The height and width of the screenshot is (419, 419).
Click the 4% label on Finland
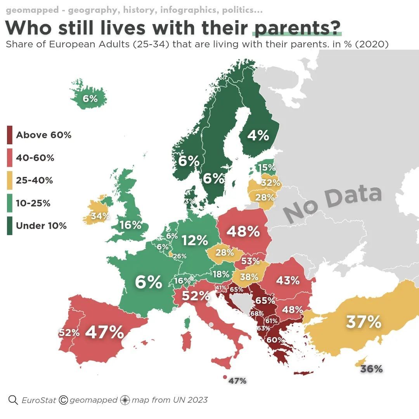(258, 135)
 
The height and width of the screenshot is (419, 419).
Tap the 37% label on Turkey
(364, 322)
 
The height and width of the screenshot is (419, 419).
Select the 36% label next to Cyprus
(371, 369)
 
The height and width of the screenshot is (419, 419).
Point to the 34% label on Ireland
(100, 216)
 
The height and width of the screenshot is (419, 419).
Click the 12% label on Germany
(195, 241)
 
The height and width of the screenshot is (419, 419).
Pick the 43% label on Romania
(288, 280)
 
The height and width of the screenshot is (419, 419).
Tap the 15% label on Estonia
(267, 168)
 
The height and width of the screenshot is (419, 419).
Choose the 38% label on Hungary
(249, 277)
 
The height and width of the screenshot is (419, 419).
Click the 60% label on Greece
(275, 340)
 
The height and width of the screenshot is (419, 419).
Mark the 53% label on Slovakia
(250, 261)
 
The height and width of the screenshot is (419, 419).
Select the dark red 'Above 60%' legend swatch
(10, 135)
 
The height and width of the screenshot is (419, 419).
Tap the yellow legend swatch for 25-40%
(10, 180)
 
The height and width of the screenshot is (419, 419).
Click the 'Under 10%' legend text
(41, 226)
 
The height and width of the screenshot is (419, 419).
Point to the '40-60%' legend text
(35, 158)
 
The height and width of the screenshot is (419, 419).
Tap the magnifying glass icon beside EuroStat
(13, 400)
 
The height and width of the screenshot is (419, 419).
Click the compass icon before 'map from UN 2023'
(125, 400)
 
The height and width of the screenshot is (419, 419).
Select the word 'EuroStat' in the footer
(39, 400)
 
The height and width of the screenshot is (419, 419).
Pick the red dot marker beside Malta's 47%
(225, 377)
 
